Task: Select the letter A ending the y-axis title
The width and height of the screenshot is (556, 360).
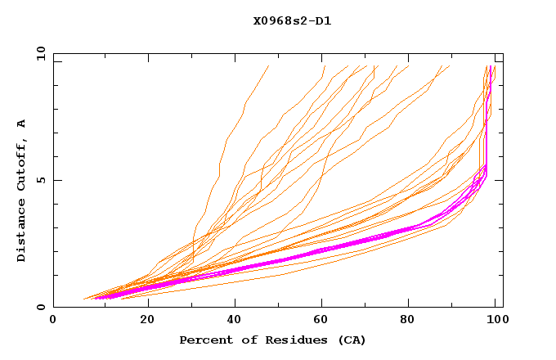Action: tap(22, 123)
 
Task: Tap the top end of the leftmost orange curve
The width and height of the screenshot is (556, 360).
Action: tap(268, 66)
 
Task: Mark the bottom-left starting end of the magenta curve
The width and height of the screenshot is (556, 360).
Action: tap(94, 298)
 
